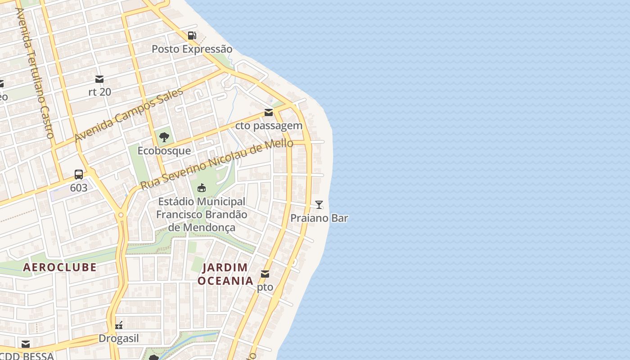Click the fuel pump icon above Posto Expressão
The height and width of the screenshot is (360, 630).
tap(192, 36)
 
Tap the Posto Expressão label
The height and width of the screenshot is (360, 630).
tap(192, 49)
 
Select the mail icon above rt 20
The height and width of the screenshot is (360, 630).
tap(99, 79)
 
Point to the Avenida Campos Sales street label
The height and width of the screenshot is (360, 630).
tap(129, 115)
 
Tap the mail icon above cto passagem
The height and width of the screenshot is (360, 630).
tap(269, 112)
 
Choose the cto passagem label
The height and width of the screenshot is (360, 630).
tap(269, 126)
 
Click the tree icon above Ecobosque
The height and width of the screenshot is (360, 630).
tap(164, 137)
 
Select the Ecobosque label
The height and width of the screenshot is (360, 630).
tap(164, 151)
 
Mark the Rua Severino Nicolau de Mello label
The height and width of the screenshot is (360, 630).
tap(216, 165)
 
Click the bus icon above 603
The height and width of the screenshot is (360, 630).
tap(79, 175)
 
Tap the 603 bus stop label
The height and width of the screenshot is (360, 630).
tap(79, 188)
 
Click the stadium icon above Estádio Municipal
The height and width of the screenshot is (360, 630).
tap(202, 188)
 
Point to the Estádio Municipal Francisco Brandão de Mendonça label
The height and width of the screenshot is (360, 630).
tap(202, 214)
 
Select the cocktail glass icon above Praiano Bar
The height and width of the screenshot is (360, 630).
tap(319, 205)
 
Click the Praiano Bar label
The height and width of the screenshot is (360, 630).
tap(319, 218)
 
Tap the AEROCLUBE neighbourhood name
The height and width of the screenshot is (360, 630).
tap(60, 267)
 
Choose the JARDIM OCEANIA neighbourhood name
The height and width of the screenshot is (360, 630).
tap(225, 274)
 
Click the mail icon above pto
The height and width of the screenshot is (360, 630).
tap(265, 274)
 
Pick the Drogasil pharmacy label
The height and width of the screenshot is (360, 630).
tap(119, 338)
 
